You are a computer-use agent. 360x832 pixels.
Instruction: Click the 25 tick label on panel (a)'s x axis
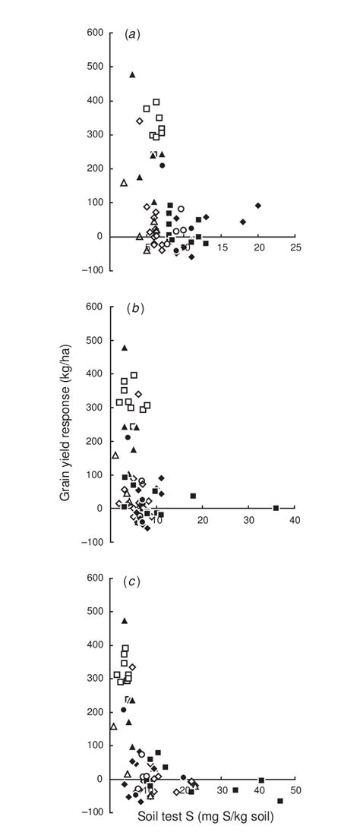point(295,248)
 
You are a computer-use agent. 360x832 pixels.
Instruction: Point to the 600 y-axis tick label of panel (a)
point(94,33)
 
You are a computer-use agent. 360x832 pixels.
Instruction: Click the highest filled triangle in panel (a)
point(132,74)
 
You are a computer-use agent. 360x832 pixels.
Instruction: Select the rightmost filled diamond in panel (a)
point(258,206)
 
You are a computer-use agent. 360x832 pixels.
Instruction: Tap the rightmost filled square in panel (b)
point(276,508)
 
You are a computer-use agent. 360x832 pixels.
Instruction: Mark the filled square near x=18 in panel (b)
point(193,496)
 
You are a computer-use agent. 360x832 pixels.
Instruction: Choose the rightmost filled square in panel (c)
point(280,801)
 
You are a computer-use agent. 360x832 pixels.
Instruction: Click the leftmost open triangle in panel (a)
point(124,182)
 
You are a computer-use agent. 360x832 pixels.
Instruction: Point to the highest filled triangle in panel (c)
point(125,620)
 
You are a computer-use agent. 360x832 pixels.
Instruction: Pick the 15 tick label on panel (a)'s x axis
point(222,248)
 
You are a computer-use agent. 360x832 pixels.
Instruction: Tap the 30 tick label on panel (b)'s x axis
point(248,520)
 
